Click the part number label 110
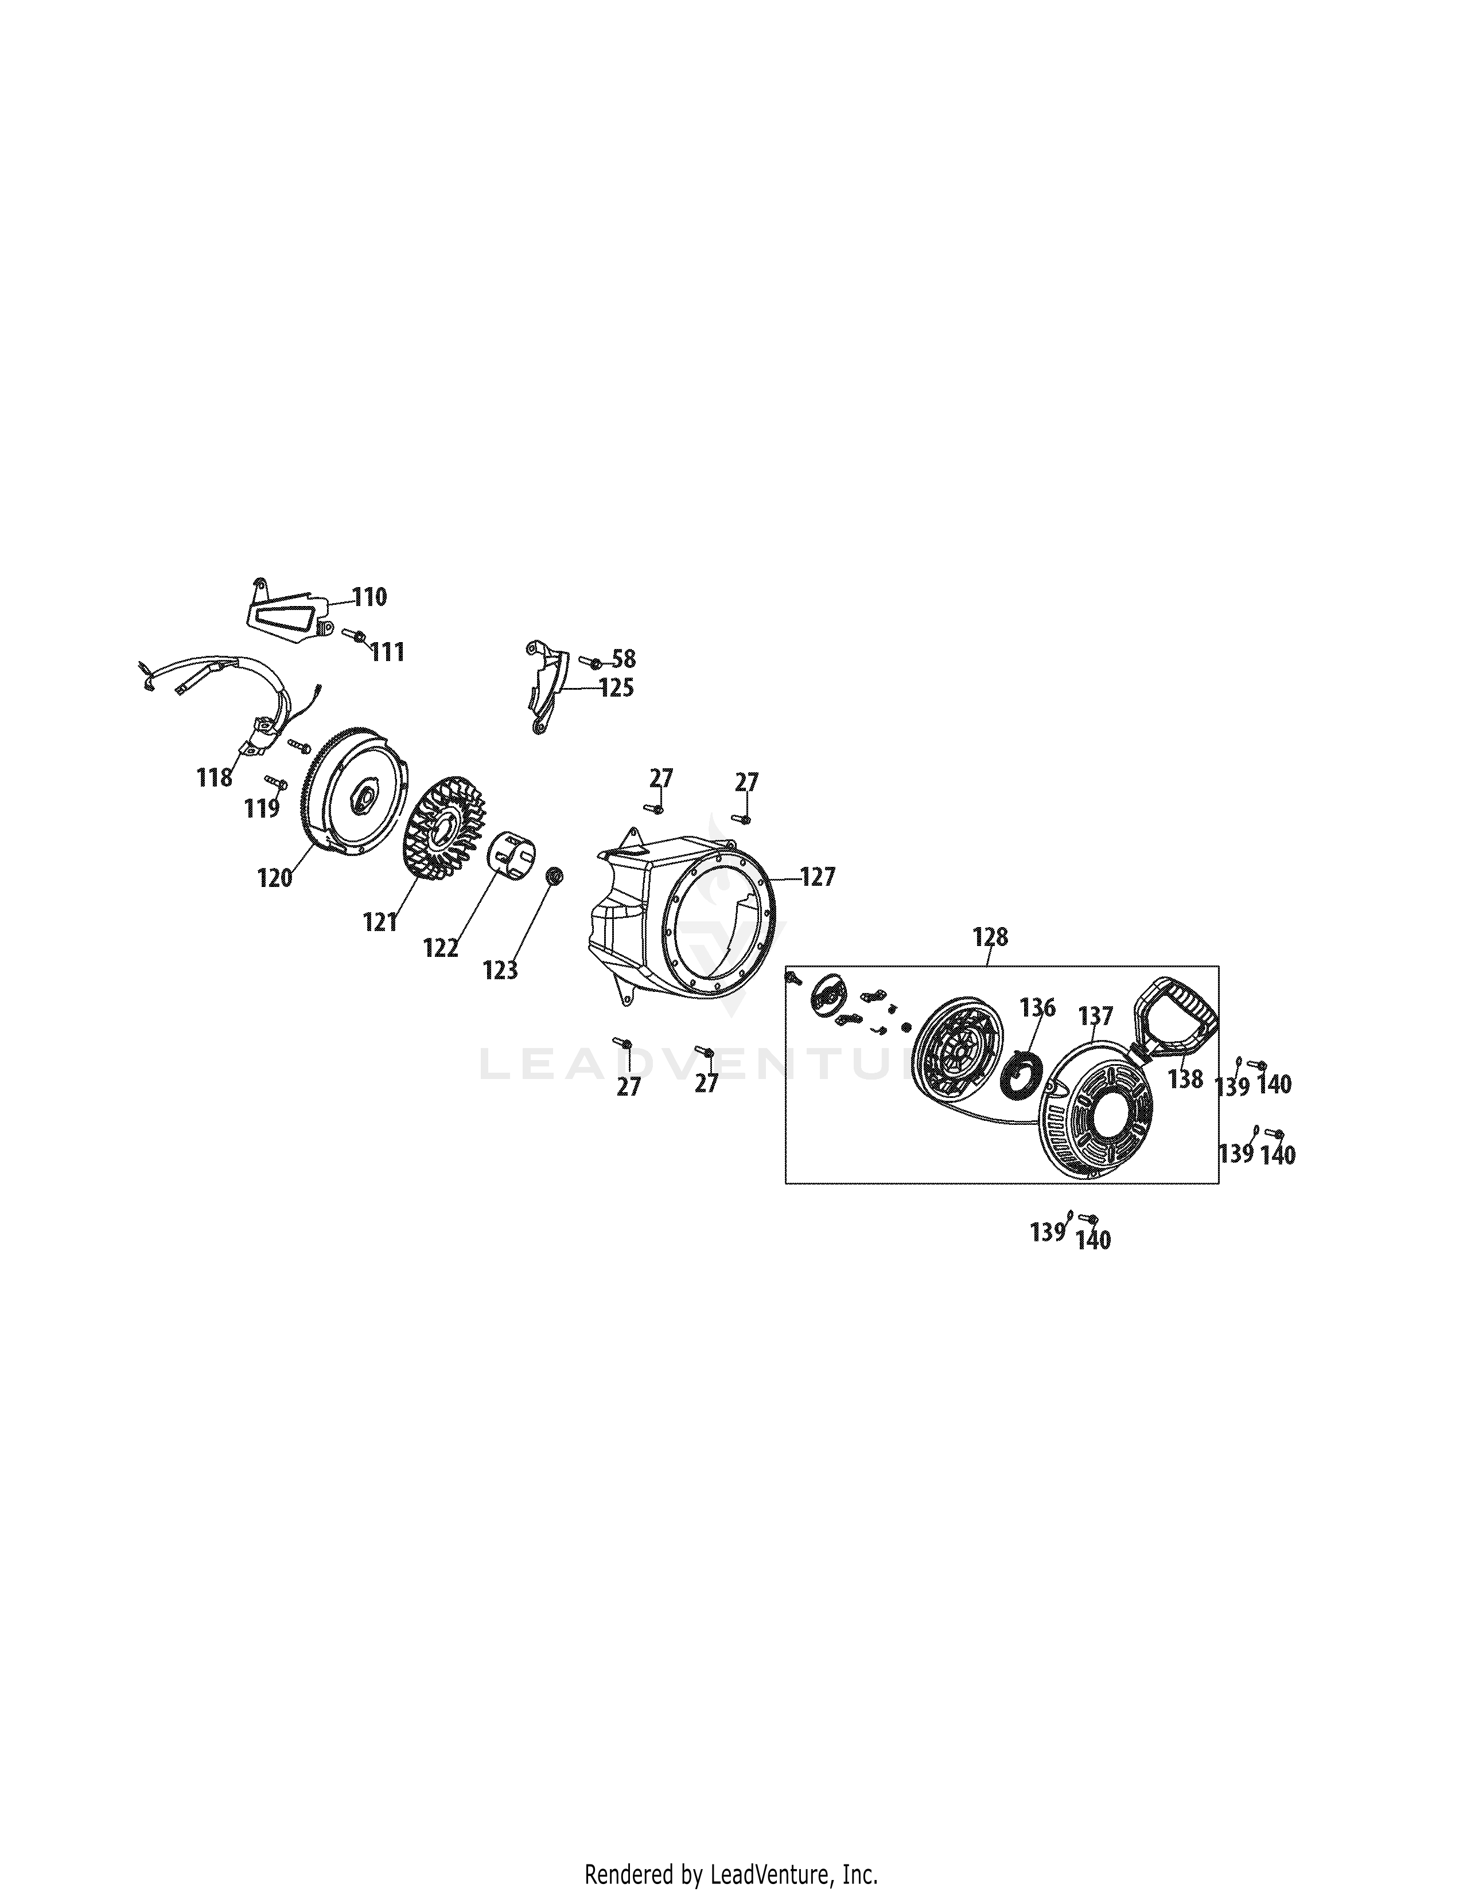click(369, 597)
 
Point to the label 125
click(616, 688)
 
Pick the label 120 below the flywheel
click(275, 878)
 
